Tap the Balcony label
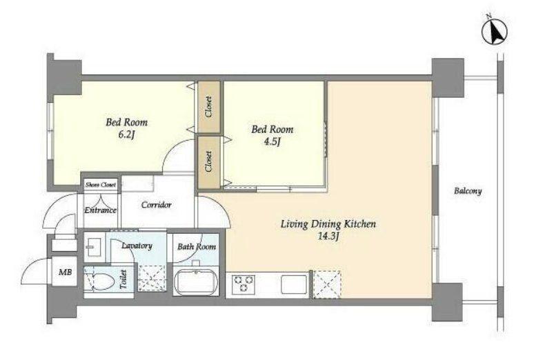(468, 191)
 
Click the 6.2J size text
(127, 134)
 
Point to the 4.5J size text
(272, 142)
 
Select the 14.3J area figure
(328, 237)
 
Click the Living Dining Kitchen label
(328, 224)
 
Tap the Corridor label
(156, 205)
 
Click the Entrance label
(100, 210)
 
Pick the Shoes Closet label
(101, 185)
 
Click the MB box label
(66, 272)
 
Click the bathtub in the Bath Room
(196, 282)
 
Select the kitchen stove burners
(244, 283)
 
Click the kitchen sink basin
(294, 284)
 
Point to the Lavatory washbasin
(94, 245)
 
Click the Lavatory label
(137, 246)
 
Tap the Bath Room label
(197, 247)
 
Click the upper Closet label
(208, 107)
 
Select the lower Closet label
(208, 162)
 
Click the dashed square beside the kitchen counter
(327, 285)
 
